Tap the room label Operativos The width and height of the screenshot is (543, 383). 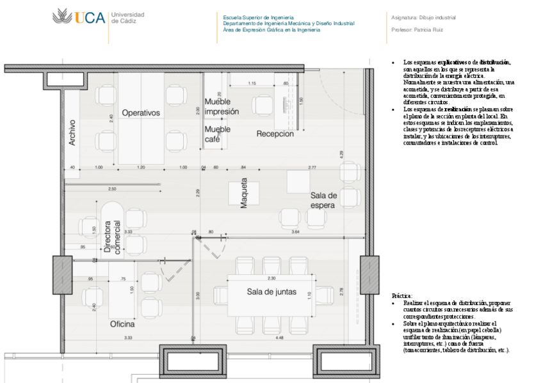point(140,113)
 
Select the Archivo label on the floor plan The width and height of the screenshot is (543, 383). point(72,132)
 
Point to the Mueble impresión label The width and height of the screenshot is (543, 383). point(222,107)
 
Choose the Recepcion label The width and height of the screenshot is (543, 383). point(275,134)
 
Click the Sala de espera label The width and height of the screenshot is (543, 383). point(323,199)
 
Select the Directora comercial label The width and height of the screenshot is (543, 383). point(113,238)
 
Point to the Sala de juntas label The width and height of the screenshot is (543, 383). point(271,292)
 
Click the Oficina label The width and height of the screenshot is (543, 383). point(122,324)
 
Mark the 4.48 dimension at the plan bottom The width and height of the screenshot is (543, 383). point(279,337)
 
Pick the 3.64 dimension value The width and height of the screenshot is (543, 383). point(295,231)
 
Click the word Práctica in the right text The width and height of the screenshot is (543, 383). point(401,296)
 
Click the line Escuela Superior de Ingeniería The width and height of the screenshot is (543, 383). point(259,17)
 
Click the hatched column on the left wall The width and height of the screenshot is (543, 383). point(62,275)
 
